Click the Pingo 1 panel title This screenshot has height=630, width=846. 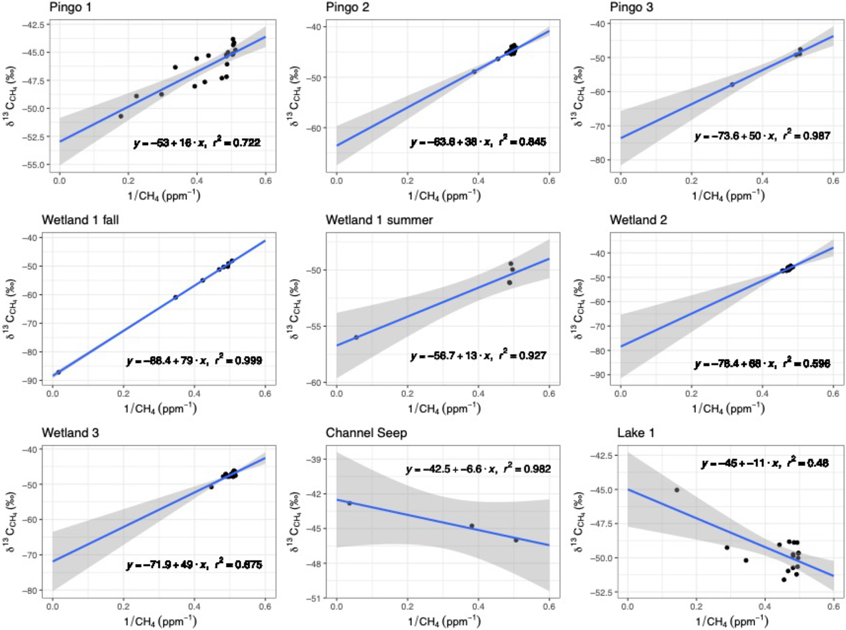70,7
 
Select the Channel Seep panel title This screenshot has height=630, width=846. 366,433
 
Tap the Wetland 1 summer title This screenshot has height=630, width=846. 379,220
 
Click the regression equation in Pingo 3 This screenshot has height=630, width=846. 762,136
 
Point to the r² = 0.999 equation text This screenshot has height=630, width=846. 194,361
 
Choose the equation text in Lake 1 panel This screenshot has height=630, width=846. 765,463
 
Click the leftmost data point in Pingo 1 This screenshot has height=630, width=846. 121,116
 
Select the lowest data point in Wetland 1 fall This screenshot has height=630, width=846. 59,372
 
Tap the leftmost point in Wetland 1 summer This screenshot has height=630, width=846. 356,337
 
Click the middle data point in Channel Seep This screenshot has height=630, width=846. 472,526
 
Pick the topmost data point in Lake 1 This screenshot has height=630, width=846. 677,490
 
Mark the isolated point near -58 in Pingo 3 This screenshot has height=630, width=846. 732,85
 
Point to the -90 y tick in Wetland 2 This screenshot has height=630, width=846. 599,375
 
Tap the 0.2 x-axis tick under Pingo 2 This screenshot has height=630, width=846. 407,181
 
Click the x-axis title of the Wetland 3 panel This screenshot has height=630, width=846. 160,621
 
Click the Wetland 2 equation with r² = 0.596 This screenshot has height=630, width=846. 762,364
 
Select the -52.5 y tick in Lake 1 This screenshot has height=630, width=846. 603,592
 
